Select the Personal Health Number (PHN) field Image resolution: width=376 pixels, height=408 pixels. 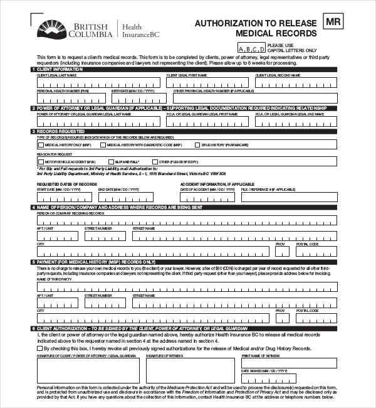[72, 98]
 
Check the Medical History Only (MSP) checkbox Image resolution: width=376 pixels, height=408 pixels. [41, 144]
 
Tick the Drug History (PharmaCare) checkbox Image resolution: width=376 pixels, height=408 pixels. [197, 144]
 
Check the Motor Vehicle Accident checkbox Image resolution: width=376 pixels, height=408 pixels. [41, 162]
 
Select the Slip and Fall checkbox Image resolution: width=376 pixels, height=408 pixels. [108, 162]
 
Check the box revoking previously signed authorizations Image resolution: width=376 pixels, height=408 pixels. [41, 348]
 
